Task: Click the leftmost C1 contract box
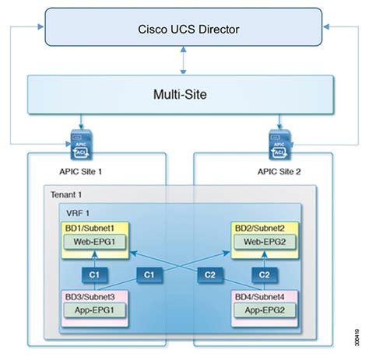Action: [x=93, y=274]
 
